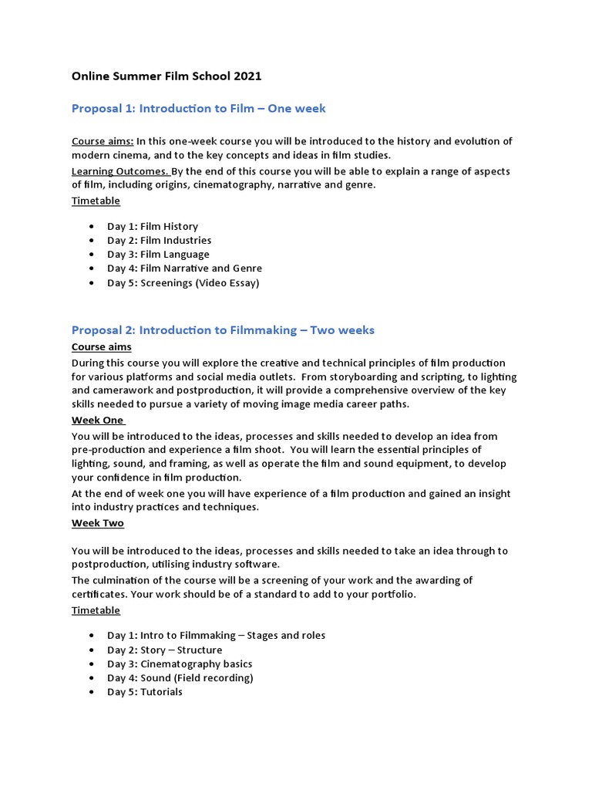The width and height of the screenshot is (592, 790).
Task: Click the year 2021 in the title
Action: tap(248, 76)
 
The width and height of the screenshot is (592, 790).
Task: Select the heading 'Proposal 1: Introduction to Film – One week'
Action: tap(198, 109)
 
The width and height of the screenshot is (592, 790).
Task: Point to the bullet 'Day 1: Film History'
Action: tap(152, 227)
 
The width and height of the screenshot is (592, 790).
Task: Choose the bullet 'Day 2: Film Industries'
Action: tap(159, 241)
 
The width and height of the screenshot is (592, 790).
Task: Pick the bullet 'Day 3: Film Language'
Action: tap(158, 255)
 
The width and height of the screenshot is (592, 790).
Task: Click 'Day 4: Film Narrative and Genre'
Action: tap(184, 268)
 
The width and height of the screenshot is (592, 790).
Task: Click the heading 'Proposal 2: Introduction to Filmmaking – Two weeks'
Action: tap(223, 330)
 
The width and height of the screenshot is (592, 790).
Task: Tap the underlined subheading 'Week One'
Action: tap(98, 420)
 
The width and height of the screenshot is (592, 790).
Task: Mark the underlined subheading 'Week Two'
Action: tap(98, 523)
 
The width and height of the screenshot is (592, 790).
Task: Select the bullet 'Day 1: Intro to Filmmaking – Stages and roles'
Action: tap(216, 636)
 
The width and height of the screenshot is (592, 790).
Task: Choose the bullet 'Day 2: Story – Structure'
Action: tap(164, 650)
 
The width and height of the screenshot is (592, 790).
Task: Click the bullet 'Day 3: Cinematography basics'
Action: tap(180, 664)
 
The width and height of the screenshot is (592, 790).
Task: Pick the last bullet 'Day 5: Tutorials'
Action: tap(145, 692)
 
